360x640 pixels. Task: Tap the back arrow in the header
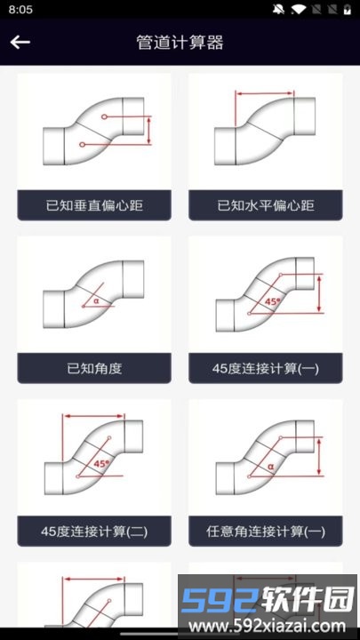(20, 42)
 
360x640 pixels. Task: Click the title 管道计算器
(180, 43)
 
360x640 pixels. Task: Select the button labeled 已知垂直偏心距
(94, 205)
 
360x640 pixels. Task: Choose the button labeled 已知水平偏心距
(266, 205)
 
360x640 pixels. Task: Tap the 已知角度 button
(94, 368)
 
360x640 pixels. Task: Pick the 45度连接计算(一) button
(266, 368)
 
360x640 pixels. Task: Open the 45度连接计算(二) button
(94, 531)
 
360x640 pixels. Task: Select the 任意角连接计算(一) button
(266, 531)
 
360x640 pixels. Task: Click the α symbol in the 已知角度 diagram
(96, 300)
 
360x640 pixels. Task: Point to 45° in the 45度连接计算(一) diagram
(273, 301)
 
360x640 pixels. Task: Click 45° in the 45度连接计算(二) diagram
(101, 464)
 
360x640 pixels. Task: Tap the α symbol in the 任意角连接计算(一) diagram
(270, 466)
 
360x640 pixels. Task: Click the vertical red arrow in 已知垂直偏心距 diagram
(149, 131)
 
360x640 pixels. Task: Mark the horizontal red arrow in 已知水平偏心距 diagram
(265, 93)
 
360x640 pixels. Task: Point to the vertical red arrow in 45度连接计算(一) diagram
(320, 293)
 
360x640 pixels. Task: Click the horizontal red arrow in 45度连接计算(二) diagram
(94, 416)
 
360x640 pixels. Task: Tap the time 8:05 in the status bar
(20, 10)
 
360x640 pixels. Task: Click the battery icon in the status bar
(347, 10)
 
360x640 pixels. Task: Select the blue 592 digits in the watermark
(220, 600)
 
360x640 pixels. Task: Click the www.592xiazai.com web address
(268, 626)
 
